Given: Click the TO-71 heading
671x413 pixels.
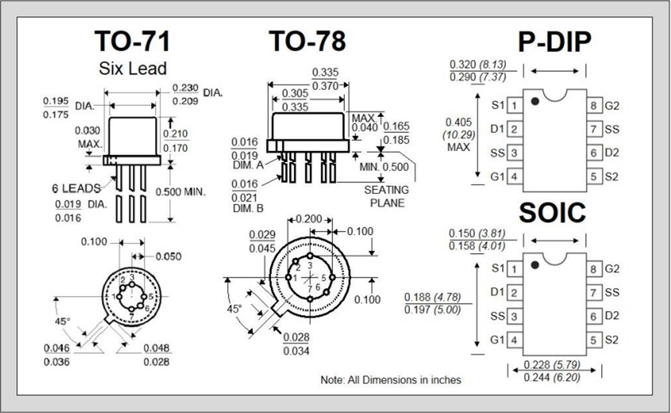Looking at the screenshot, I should pos(132,41).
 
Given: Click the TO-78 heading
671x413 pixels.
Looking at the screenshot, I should pos(307,41).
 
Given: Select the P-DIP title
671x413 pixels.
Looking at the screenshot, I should pos(554,42).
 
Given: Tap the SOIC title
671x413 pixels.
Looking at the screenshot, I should pos(552,213).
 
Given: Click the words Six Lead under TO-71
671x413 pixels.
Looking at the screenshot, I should pos(132,68).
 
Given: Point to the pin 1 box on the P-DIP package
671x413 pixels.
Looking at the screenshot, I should pos(514,105).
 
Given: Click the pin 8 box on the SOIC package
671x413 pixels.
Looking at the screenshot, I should pos(594,269).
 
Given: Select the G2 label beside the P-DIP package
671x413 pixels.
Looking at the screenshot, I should pos(612,105).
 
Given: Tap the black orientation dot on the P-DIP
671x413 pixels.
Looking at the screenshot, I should pos(535,101).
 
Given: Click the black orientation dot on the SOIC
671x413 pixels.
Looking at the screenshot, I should pos(535,265).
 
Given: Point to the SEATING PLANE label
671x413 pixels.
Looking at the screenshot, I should pos(386,196).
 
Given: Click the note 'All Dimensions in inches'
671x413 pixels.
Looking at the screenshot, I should pos(391,379).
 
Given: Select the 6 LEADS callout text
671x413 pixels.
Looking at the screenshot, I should pos(76,187).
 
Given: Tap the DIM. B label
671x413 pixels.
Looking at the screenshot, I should pos(248,209).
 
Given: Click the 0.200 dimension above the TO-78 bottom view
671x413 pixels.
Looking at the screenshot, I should pos(309,220).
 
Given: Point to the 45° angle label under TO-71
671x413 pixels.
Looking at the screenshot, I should pos(62,322).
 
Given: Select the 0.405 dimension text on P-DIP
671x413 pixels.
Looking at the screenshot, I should pos(459,122).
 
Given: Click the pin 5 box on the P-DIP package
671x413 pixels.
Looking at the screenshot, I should pos(594,177).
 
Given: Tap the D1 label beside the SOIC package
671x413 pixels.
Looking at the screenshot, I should pos(497,292).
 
